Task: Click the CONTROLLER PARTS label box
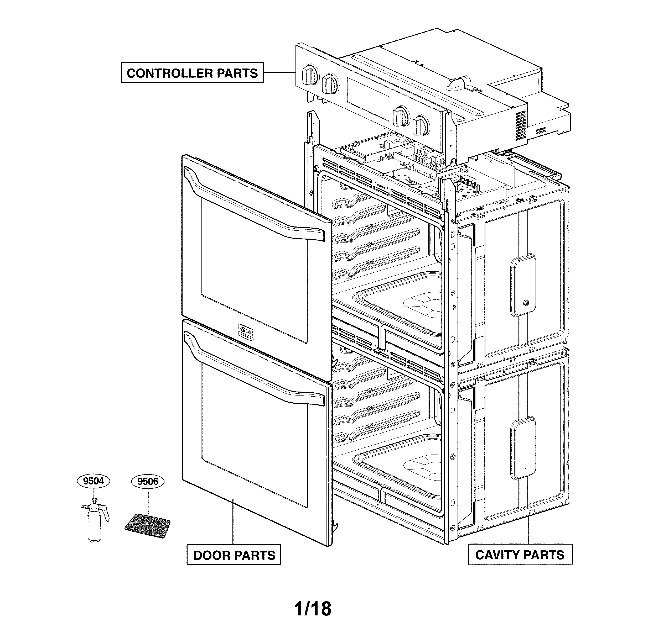click(192, 72)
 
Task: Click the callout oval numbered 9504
click(94, 481)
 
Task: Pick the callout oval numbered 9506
click(148, 482)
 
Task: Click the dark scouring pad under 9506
click(148, 526)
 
